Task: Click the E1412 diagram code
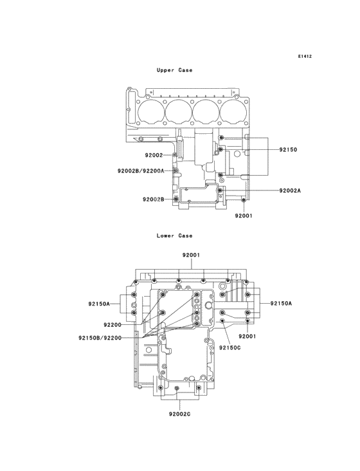click(305, 56)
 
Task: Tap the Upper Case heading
click(174, 70)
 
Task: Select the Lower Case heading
click(174, 235)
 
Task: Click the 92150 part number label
click(288, 149)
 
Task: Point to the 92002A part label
click(290, 190)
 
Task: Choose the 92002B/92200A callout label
click(141, 171)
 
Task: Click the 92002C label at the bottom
click(180, 414)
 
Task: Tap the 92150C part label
click(230, 348)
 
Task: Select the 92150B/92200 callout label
click(100, 338)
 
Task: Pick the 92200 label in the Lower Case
click(113, 325)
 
